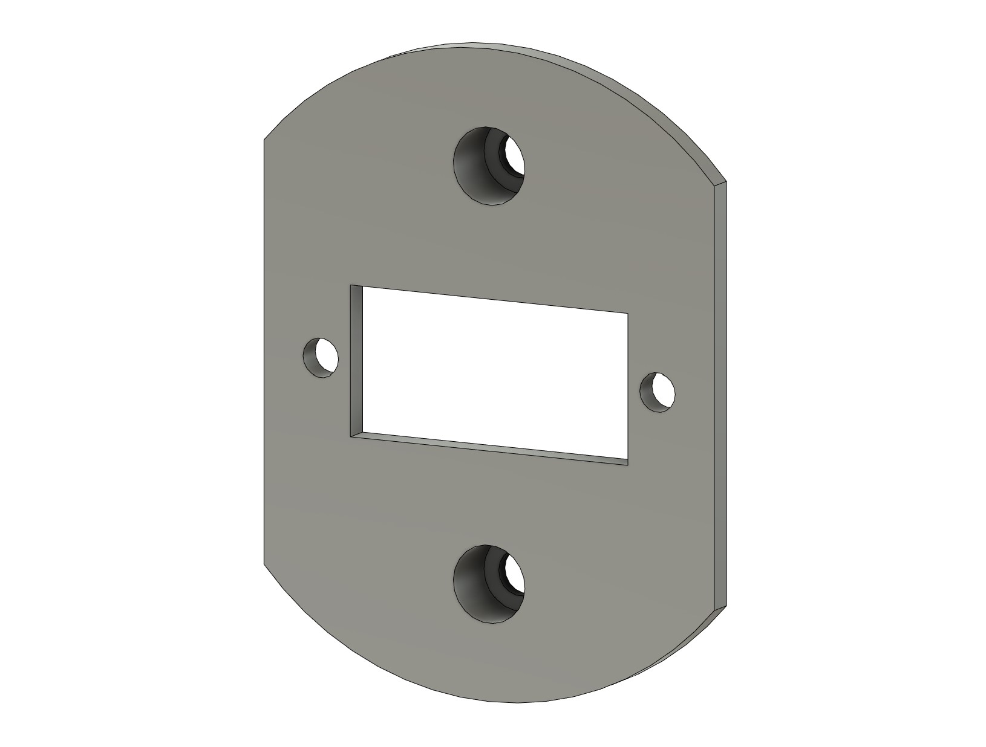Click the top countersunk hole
(x=489, y=165)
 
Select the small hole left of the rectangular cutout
(x=320, y=357)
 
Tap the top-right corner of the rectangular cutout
(x=627, y=313)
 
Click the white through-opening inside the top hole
(x=515, y=156)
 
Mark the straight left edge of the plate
(x=264, y=351)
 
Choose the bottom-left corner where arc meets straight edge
(x=264, y=563)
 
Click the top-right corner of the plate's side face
(x=725, y=181)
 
